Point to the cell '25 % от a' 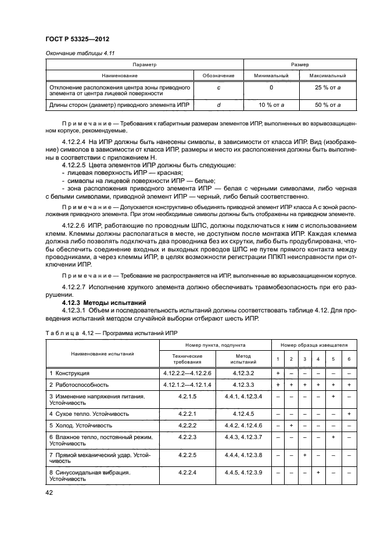(x=327, y=88)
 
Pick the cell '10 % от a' (x=271, y=105)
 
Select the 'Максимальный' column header (x=327, y=75)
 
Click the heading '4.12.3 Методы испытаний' (x=100, y=303)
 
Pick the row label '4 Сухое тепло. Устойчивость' (x=89, y=414)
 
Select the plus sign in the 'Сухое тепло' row (x=348, y=414)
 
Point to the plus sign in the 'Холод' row (x=290, y=426)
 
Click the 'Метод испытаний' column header (x=243, y=358)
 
